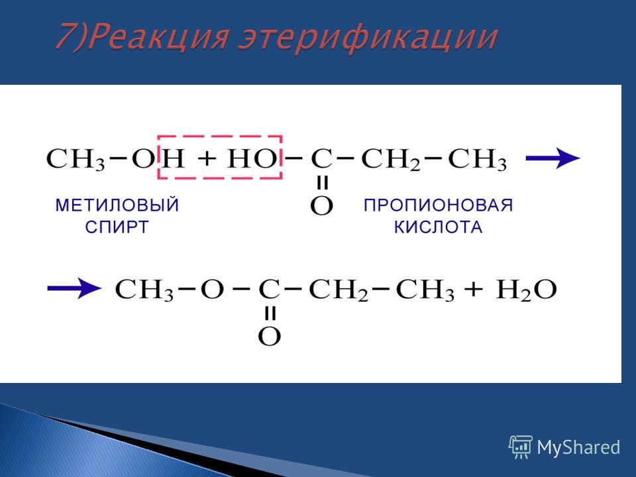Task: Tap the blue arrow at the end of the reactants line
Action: coord(553,158)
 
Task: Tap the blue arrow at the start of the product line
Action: coord(74,288)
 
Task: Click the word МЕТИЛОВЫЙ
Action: coord(117,205)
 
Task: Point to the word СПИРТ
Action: coord(117,227)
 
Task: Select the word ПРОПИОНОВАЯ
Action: coord(438,205)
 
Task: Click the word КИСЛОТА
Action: coord(438,227)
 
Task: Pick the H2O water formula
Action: coord(527,290)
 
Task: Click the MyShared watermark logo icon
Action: coord(521,447)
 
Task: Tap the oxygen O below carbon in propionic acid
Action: coord(322,206)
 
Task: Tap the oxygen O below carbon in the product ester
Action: coord(270,337)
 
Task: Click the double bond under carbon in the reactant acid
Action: coord(322,183)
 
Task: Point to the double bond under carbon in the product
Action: coord(270,313)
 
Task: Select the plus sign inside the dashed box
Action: coord(207,158)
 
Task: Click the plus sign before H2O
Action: coord(474,290)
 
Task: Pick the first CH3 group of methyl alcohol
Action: coord(76,160)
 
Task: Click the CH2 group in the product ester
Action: coord(339,290)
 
